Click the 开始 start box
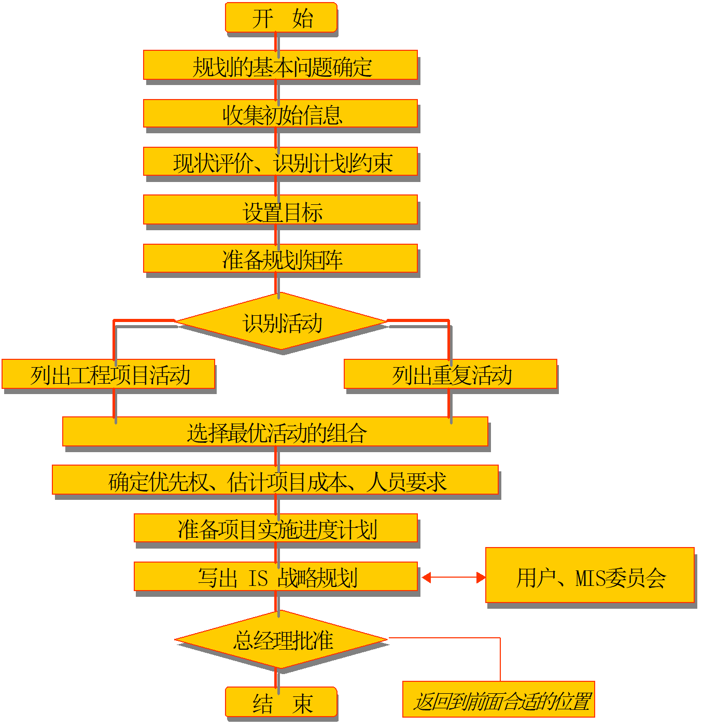click(281, 18)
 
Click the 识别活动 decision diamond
click(282, 322)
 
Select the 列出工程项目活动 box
click(108, 374)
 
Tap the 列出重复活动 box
click(451, 374)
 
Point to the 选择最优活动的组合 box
click(275, 431)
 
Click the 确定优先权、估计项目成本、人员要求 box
click(275, 480)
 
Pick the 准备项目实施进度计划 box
click(276, 528)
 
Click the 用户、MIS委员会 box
click(590, 575)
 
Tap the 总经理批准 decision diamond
click(282, 639)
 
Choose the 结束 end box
click(281, 702)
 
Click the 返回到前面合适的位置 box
click(499, 699)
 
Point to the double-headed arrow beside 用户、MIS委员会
click(454, 577)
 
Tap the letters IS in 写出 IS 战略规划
click(258, 578)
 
